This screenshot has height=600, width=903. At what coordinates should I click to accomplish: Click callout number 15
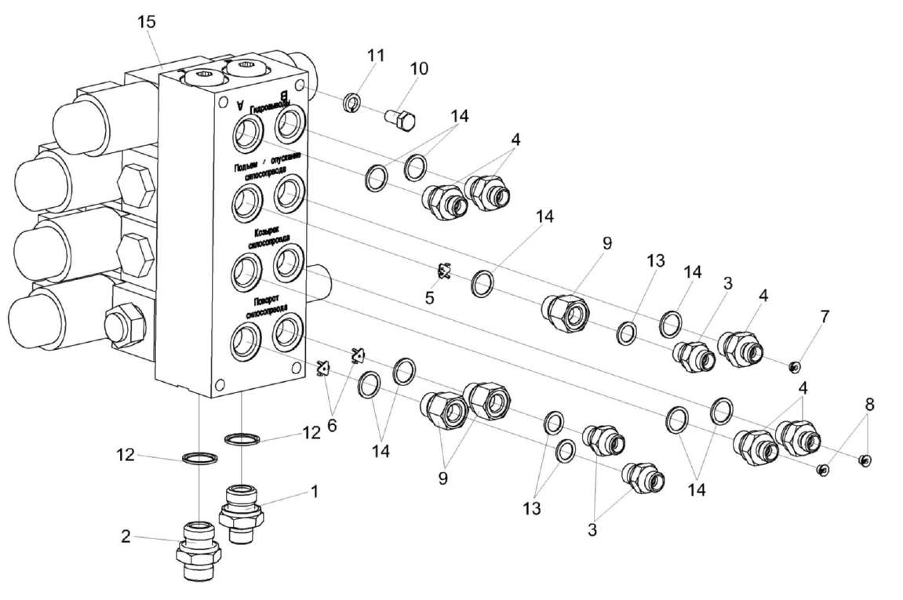[147, 22]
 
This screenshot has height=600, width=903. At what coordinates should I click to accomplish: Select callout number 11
[376, 56]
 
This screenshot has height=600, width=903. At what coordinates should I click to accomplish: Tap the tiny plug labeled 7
[793, 365]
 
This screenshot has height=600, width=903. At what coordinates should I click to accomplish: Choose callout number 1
[314, 492]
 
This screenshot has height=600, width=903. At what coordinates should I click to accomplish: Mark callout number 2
[126, 536]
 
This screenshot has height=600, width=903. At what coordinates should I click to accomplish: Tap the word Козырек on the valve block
[264, 233]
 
